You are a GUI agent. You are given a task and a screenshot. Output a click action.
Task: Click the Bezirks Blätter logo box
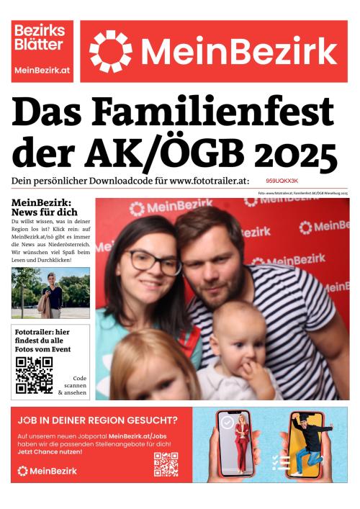coord(42,50)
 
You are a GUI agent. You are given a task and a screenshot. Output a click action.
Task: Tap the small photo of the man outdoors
coord(50,293)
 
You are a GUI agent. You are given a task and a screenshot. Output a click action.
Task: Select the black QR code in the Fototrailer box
coord(34,374)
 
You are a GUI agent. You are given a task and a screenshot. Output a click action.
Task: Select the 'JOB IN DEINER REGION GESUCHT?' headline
coord(97,420)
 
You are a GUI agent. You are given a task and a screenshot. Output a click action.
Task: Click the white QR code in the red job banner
coord(166,464)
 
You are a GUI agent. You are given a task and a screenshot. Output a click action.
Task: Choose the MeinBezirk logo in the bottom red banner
coord(48,471)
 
